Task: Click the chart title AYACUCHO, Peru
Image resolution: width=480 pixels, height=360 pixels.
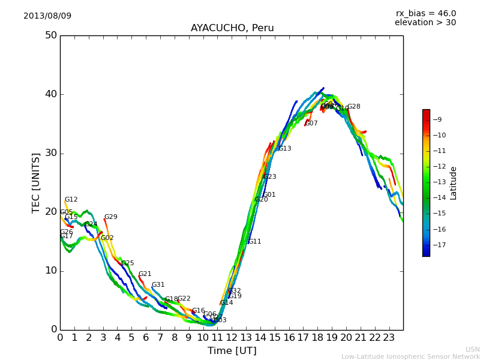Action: click(232, 28)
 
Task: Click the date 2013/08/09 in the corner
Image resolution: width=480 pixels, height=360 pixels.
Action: click(47, 16)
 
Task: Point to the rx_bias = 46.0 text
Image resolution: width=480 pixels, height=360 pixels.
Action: click(425, 13)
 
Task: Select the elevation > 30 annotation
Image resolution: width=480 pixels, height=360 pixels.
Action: click(425, 23)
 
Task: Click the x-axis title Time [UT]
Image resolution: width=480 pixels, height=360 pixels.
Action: click(232, 351)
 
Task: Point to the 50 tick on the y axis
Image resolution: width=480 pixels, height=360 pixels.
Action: click(50, 35)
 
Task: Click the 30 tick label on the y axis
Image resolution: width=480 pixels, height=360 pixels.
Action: click(50, 153)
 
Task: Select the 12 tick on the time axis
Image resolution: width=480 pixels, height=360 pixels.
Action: click(232, 338)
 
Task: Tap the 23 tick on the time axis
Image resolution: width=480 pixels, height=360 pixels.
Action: click(389, 338)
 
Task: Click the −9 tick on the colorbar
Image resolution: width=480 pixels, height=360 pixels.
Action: click(439, 120)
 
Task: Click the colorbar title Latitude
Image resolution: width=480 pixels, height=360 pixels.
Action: click(454, 183)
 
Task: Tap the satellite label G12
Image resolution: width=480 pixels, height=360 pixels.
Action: click(71, 200)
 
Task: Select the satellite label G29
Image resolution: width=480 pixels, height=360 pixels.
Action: click(111, 217)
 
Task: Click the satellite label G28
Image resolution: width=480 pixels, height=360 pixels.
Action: click(354, 107)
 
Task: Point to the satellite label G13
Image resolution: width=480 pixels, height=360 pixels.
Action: click(284, 148)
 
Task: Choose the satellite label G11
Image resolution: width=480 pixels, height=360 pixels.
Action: click(254, 242)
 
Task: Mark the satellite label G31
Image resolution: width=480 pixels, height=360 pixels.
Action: click(158, 285)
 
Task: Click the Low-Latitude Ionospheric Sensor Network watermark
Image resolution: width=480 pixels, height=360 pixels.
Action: click(410, 357)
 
